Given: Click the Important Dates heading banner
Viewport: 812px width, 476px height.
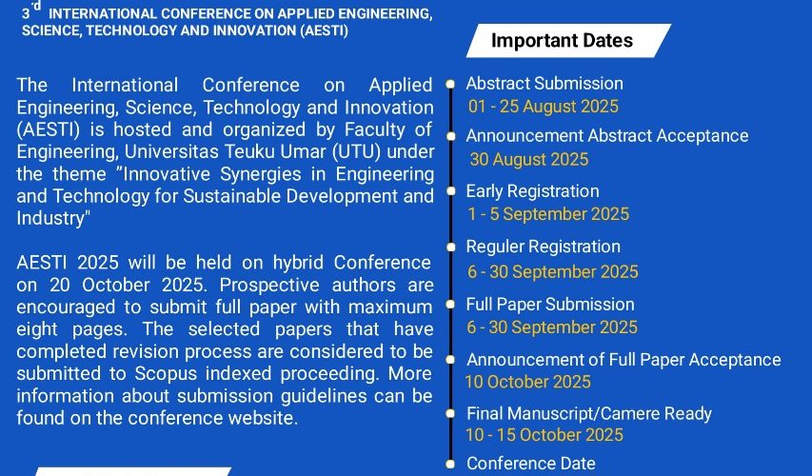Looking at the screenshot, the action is tap(568, 40).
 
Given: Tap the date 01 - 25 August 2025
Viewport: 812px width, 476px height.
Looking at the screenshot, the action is tap(544, 107).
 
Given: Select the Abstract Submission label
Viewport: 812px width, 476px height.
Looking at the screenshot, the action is tap(545, 84).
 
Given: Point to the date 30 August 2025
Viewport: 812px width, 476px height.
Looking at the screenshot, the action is tap(528, 159).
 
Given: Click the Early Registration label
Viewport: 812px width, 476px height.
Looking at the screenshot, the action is tap(532, 191).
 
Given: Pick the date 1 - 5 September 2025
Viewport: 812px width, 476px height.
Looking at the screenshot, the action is tap(548, 214).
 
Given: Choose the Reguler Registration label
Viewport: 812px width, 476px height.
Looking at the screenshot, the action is tap(544, 248).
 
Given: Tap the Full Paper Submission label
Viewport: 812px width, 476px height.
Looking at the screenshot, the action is tap(550, 304).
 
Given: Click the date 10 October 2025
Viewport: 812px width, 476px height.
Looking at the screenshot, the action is tap(527, 382).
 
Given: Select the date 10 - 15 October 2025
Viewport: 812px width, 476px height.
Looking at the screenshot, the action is tap(545, 435).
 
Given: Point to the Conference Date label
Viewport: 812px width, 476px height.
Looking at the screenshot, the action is tap(531, 464).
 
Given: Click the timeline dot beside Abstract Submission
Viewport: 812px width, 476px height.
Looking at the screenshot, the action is tap(450, 84).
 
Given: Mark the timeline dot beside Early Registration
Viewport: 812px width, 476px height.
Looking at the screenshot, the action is tap(450, 191).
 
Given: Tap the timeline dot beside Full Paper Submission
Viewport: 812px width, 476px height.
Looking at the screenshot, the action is tap(450, 305).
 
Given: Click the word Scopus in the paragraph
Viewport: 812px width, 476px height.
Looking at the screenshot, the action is tap(167, 374).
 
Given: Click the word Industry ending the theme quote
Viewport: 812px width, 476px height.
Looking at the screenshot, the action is tap(50, 218).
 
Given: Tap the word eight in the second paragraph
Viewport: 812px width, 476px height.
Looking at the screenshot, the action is tap(37, 329).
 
